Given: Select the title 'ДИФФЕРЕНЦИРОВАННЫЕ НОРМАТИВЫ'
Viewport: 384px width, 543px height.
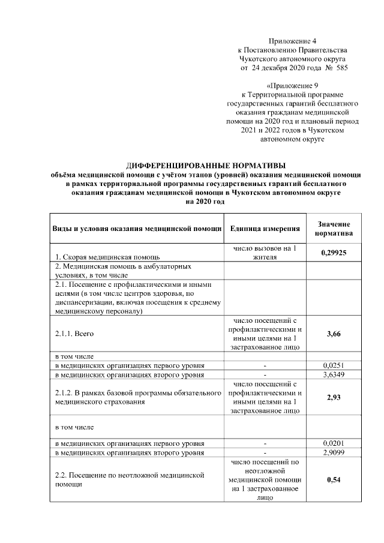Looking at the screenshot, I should click(206, 164).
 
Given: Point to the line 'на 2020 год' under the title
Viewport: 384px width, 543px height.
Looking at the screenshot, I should click(206, 202).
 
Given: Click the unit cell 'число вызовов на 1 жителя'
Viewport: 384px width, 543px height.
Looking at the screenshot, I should click(265, 253).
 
